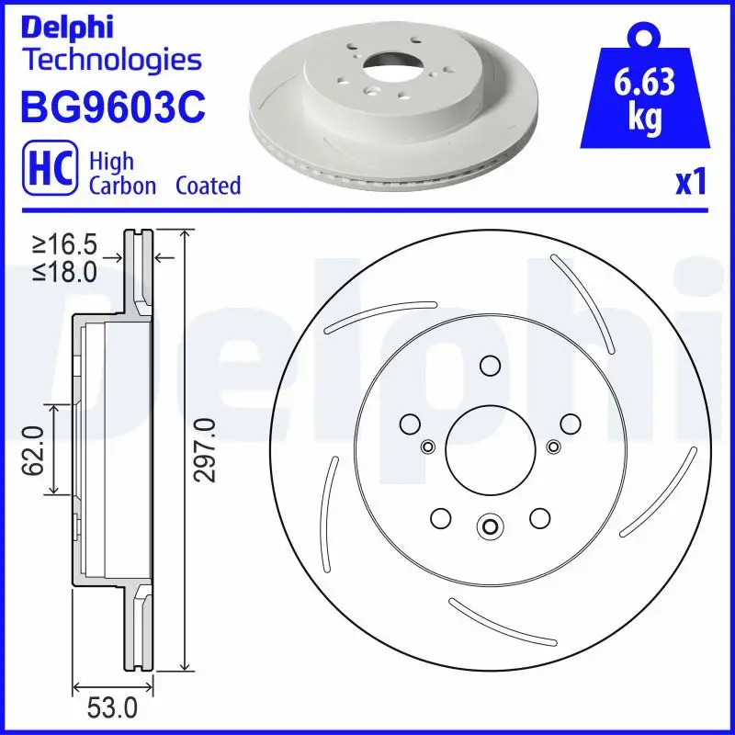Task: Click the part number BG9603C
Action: click(x=111, y=107)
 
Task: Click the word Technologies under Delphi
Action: click(x=110, y=61)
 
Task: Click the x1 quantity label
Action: click(x=690, y=184)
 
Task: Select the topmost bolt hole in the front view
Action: click(x=490, y=367)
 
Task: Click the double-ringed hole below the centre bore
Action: click(x=490, y=526)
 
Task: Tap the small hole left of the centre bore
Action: click(x=426, y=447)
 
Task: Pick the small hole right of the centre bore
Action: click(x=553, y=447)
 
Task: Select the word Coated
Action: click(x=208, y=186)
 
